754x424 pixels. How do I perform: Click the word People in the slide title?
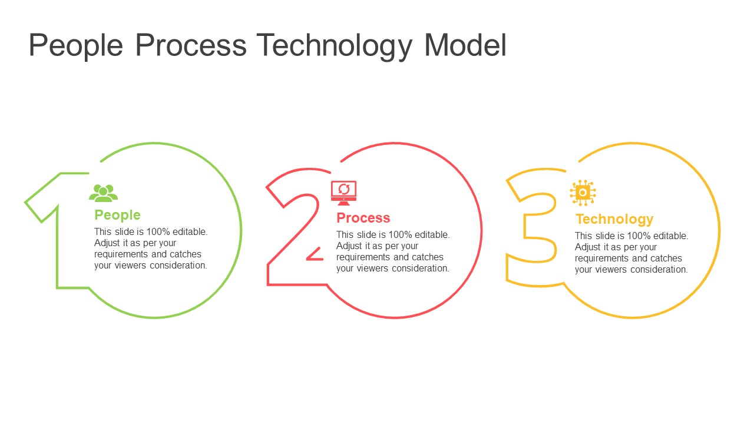tap(77, 45)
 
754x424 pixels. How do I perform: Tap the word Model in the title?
tap(465, 45)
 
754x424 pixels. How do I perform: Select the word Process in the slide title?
tap(191, 45)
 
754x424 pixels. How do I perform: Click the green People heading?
tap(117, 215)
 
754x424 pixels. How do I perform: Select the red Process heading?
tap(363, 218)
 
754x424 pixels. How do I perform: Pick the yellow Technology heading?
tap(614, 219)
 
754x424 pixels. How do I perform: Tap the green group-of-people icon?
tap(103, 193)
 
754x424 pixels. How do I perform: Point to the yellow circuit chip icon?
tap(583, 193)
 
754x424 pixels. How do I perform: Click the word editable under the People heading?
tap(190, 232)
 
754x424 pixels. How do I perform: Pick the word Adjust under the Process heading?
tap(349, 246)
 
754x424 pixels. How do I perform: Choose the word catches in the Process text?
tap(428, 257)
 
